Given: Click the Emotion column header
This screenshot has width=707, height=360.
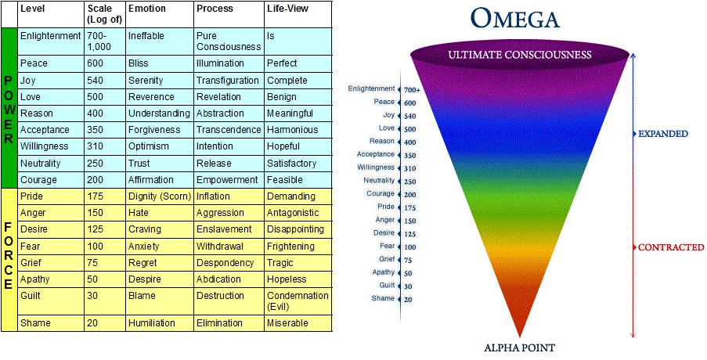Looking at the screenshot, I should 147,9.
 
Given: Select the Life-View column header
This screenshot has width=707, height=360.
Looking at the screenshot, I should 287,9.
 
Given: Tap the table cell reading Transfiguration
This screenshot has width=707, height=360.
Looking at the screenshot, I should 227,81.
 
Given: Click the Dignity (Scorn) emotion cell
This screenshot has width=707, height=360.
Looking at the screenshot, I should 159,196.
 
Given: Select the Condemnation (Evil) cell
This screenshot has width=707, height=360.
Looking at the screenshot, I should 298,301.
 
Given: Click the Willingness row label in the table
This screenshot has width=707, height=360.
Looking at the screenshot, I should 44,146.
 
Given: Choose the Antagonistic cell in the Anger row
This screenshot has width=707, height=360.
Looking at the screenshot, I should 294,213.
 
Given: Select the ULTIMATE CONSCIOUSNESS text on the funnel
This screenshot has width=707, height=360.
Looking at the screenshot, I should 520,54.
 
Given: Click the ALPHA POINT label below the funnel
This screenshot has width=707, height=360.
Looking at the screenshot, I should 521,347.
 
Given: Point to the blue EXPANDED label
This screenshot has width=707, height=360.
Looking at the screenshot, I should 663,134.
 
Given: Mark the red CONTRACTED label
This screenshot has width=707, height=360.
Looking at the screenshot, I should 671,247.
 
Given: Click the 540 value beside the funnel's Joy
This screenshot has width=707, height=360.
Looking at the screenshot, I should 409,116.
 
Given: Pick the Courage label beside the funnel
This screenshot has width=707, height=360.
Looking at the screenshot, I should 381,193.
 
